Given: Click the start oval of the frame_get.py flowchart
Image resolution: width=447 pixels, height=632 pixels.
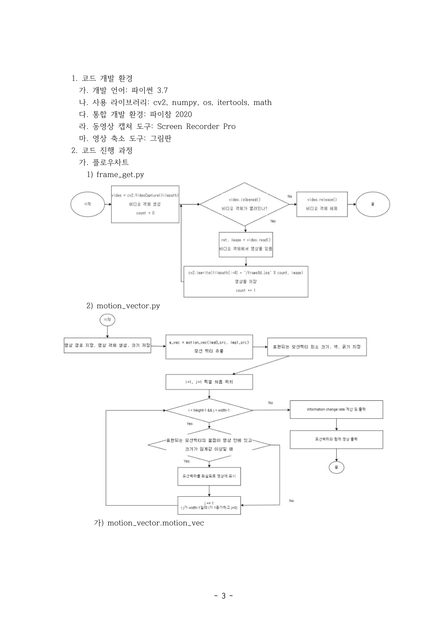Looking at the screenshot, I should pyautogui.click(x=88, y=204).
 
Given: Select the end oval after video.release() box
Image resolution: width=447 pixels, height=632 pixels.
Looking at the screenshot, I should pyautogui.click(x=373, y=204).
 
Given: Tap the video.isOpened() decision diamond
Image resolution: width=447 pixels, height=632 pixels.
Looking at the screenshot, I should pyautogui.click(x=244, y=204).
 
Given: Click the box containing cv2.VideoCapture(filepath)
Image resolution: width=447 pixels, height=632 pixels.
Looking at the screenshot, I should pyautogui.click(x=145, y=204).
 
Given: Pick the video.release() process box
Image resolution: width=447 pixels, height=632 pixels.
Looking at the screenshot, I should pyautogui.click(x=322, y=204).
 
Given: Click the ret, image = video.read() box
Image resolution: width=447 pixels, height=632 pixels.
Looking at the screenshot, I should pyautogui.click(x=246, y=244).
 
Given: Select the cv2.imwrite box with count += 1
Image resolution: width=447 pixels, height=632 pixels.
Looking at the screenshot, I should pyautogui.click(x=246, y=281).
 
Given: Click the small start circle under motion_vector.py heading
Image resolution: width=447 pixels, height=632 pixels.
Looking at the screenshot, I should pyautogui.click(x=107, y=320).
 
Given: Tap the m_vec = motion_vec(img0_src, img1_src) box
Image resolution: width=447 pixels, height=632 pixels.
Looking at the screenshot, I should pyautogui.click(x=209, y=347).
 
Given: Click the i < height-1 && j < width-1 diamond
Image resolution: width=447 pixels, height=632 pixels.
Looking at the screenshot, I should pyautogui.click(x=209, y=410).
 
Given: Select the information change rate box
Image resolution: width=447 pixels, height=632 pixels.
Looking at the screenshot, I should pyautogui.click(x=336, y=410).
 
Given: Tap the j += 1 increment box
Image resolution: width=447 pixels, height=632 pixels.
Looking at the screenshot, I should pyautogui.click(x=209, y=505).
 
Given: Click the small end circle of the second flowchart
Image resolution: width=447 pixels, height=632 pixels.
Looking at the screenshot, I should pyautogui.click(x=336, y=467).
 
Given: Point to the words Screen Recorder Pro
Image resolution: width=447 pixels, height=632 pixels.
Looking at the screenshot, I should pyautogui.click(x=196, y=126).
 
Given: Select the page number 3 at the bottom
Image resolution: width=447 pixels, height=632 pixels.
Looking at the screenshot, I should pyautogui.click(x=223, y=596).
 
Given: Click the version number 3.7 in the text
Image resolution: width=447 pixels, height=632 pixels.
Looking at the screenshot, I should pyautogui.click(x=162, y=90).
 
